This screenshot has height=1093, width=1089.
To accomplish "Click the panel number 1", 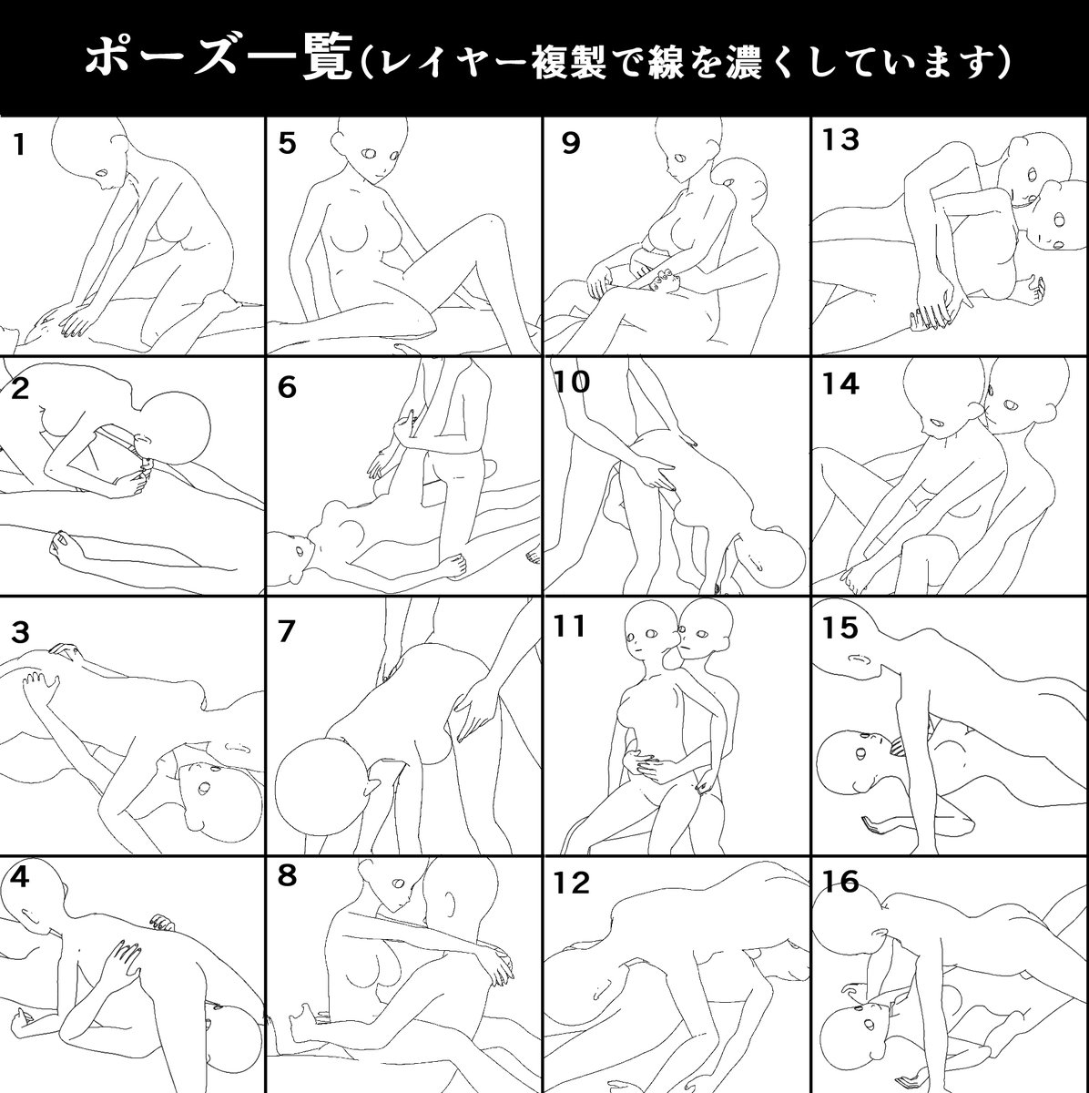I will tap(18, 145).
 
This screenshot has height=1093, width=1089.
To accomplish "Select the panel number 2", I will tap(20, 389).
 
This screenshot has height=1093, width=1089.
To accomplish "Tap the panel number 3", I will tap(19, 632).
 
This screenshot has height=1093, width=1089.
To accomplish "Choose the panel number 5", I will tap(288, 144).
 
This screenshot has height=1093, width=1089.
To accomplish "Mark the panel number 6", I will tap(288, 388).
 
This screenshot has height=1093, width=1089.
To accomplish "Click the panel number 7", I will tap(288, 632).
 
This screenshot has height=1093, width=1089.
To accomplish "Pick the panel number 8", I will tap(288, 876).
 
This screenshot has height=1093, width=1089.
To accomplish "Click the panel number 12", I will tap(571, 883).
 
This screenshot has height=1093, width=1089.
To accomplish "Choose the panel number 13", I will tap(840, 140).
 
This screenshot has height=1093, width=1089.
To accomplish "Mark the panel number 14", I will tap(840, 384).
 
